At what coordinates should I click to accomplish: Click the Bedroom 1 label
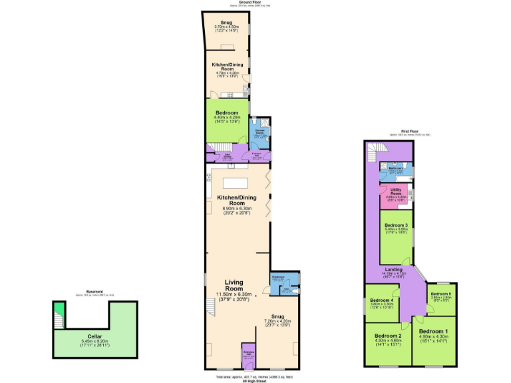433,331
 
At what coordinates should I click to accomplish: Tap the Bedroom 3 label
396,225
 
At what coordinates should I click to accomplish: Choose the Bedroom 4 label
383,301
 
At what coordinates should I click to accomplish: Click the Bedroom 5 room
440,297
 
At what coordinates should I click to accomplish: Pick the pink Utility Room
396,194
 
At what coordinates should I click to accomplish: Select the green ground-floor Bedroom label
226,114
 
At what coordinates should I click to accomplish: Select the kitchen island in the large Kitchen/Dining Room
235,182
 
